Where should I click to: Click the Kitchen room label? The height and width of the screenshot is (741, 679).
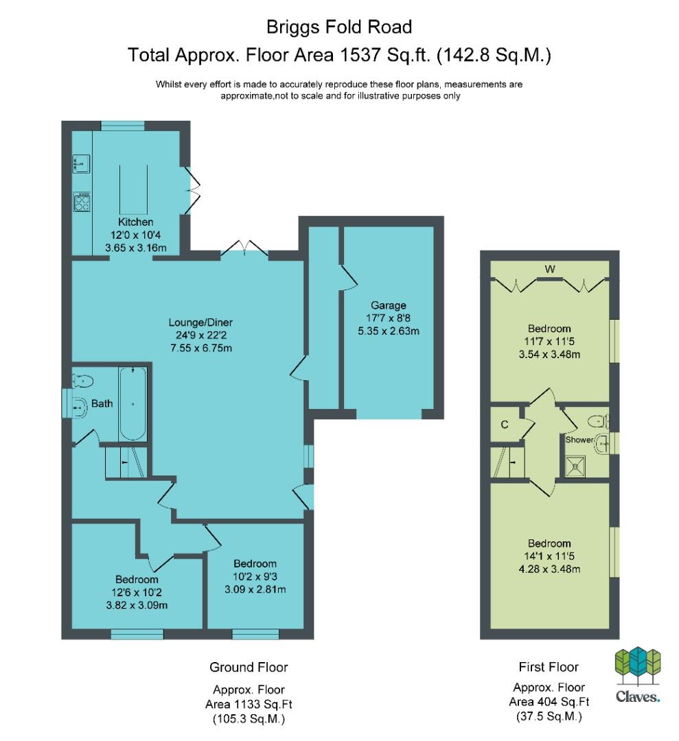tap(135, 222)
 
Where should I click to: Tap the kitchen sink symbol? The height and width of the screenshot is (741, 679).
tap(81, 164)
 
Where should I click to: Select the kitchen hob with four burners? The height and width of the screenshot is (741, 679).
tap(82, 202)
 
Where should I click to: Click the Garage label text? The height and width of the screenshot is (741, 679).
tap(388, 305)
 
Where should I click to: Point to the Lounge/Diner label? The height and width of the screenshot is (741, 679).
tap(200, 322)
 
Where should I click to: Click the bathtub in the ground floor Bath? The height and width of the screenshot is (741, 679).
tap(133, 403)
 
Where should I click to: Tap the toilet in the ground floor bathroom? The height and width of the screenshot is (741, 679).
tap(83, 380)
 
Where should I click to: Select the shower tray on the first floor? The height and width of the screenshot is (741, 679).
tap(575, 467)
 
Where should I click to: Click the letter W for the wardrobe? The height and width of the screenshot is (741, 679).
tap(549, 270)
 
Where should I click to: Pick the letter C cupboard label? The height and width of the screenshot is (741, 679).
tap(505, 425)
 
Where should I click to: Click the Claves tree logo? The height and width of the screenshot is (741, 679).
tap(637, 666)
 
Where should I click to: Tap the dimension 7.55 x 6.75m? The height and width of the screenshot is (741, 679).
tap(201, 349)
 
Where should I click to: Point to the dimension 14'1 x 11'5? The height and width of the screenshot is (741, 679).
tap(549, 556)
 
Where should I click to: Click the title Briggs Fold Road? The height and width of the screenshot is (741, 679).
tap(339, 27)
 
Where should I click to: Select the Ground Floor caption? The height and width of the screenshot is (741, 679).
tap(249, 668)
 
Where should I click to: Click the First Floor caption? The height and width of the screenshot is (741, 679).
tap(549, 667)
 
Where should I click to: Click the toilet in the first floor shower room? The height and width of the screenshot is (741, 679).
tap(599, 420)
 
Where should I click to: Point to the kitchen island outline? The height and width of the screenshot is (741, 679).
tap(133, 189)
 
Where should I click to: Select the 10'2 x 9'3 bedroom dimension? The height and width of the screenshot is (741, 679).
tap(255, 576)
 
